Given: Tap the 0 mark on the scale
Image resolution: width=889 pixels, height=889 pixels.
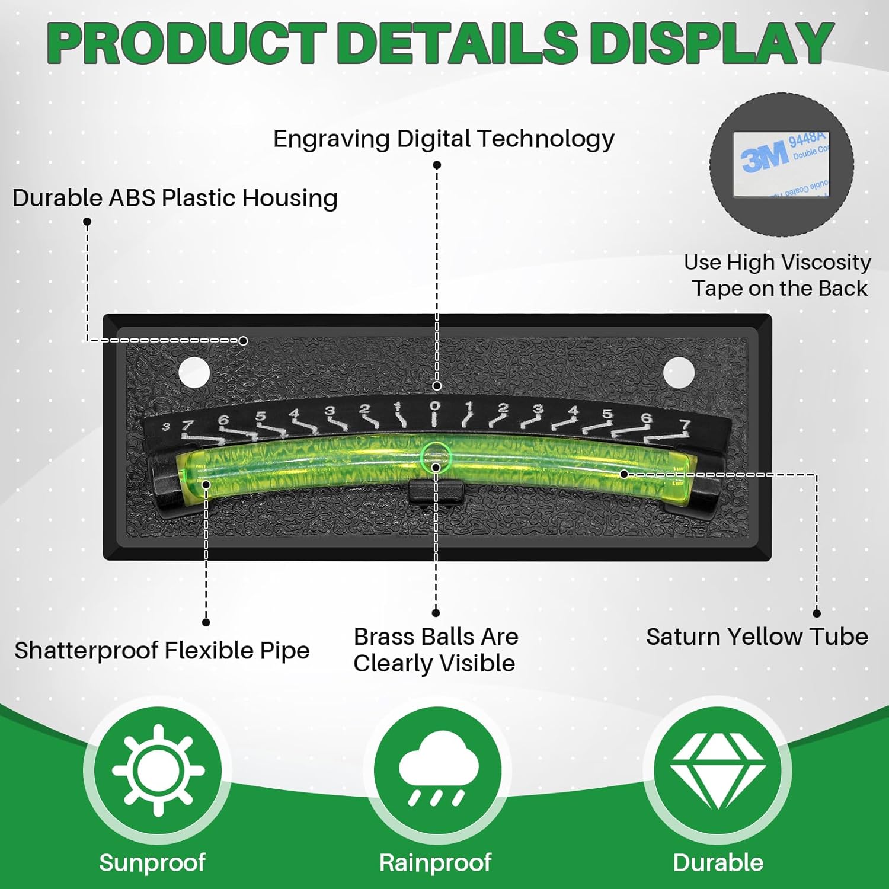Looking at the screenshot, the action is [435, 407].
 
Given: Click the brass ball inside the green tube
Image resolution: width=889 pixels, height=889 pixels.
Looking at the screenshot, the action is [436, 457].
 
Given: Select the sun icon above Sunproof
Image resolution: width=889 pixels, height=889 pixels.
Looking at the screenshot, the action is [158, 770].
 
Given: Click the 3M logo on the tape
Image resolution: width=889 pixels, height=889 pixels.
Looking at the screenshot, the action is [765, 157].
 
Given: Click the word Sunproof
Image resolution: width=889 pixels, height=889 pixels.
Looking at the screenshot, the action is [152, 862].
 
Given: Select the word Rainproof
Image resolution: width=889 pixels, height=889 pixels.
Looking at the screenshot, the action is [435, 862].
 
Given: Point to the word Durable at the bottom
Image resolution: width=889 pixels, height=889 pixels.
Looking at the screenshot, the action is [718, 862].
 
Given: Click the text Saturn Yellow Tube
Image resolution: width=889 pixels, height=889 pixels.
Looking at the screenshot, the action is [757, 637].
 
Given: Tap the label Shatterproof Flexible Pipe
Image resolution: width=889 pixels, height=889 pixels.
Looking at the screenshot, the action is [162, 650].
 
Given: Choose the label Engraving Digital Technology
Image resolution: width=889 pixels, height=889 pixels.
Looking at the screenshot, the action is [443, 139].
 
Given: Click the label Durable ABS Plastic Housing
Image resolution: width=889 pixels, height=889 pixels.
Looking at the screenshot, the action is [175, 198].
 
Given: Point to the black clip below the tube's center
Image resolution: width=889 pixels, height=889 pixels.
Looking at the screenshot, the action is [436, 491].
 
